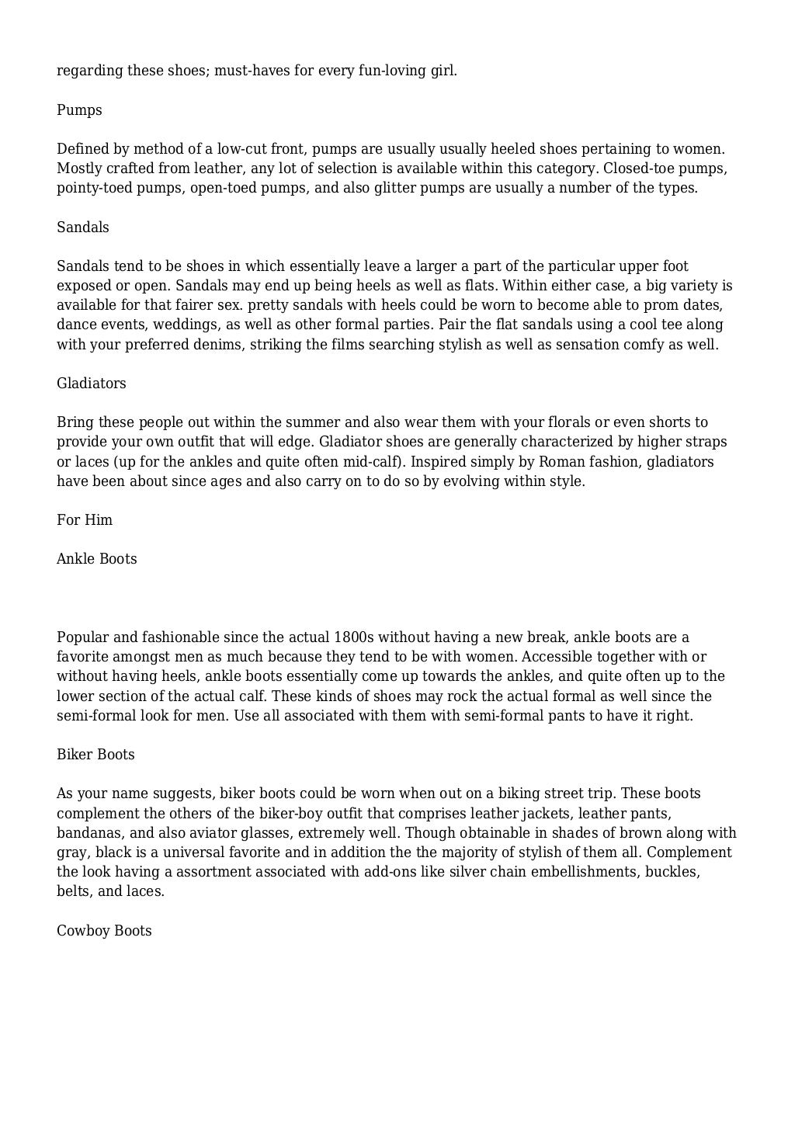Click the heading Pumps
79,110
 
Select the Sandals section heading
82,227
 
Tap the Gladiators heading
91,384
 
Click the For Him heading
85,520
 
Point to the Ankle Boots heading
96,559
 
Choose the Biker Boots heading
95,755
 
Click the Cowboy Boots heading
104,931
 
